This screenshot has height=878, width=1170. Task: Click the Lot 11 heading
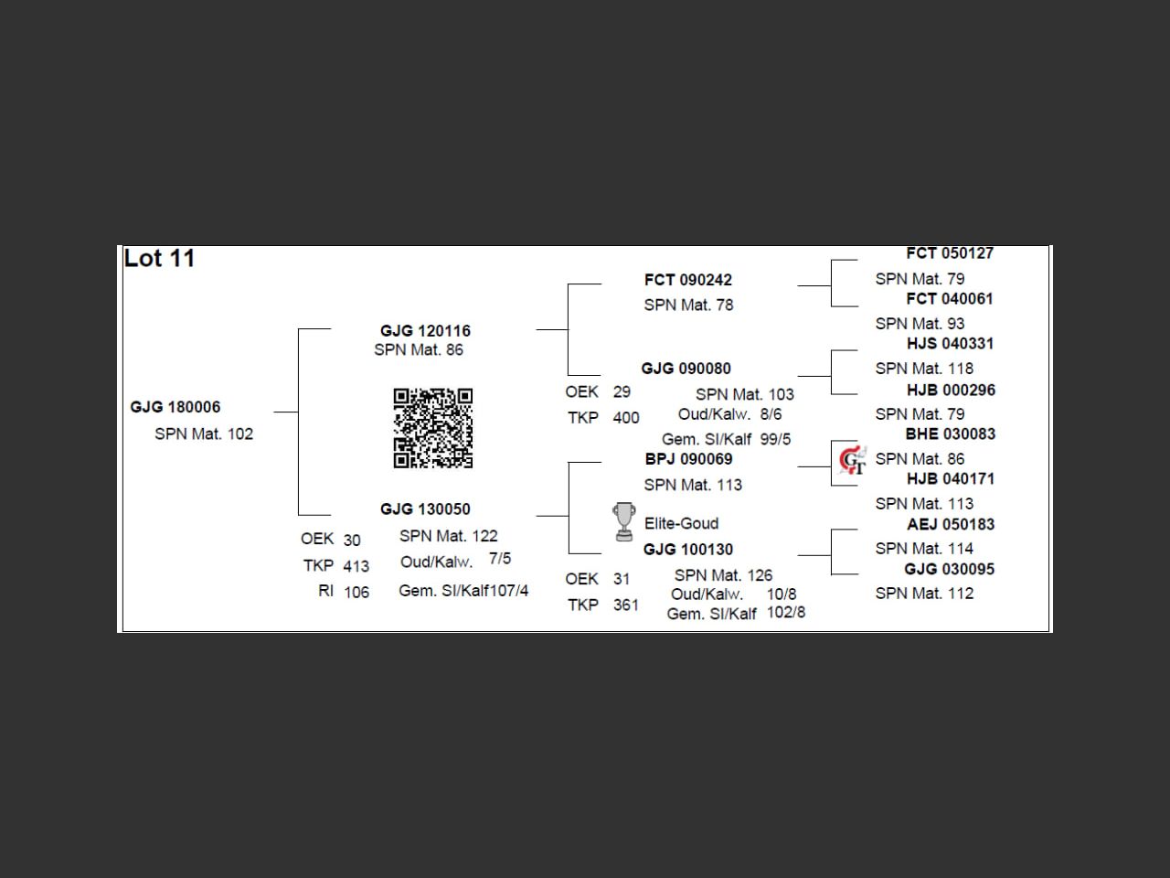159,259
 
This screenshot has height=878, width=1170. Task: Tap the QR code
432,428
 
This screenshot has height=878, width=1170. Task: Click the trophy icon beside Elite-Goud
624,521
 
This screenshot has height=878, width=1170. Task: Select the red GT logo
852,460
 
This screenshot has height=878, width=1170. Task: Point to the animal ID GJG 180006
175,407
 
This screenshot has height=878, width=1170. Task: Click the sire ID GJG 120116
425,331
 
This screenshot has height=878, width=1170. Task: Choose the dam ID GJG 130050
425,509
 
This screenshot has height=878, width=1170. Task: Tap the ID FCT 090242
687,280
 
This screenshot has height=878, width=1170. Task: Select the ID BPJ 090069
688,459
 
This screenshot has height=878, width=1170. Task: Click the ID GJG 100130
687,550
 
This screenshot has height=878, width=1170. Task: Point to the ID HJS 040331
950,344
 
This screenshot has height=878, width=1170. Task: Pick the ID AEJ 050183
951,525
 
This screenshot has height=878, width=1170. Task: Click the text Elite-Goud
681,524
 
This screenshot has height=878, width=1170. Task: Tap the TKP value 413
356,566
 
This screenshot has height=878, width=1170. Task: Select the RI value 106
356,593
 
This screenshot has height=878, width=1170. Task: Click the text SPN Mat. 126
723,575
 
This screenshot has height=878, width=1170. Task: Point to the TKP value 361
626,605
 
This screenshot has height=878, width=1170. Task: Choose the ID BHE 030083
951,434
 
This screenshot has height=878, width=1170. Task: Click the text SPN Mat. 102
204,434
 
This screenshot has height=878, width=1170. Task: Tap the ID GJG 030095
950,569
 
